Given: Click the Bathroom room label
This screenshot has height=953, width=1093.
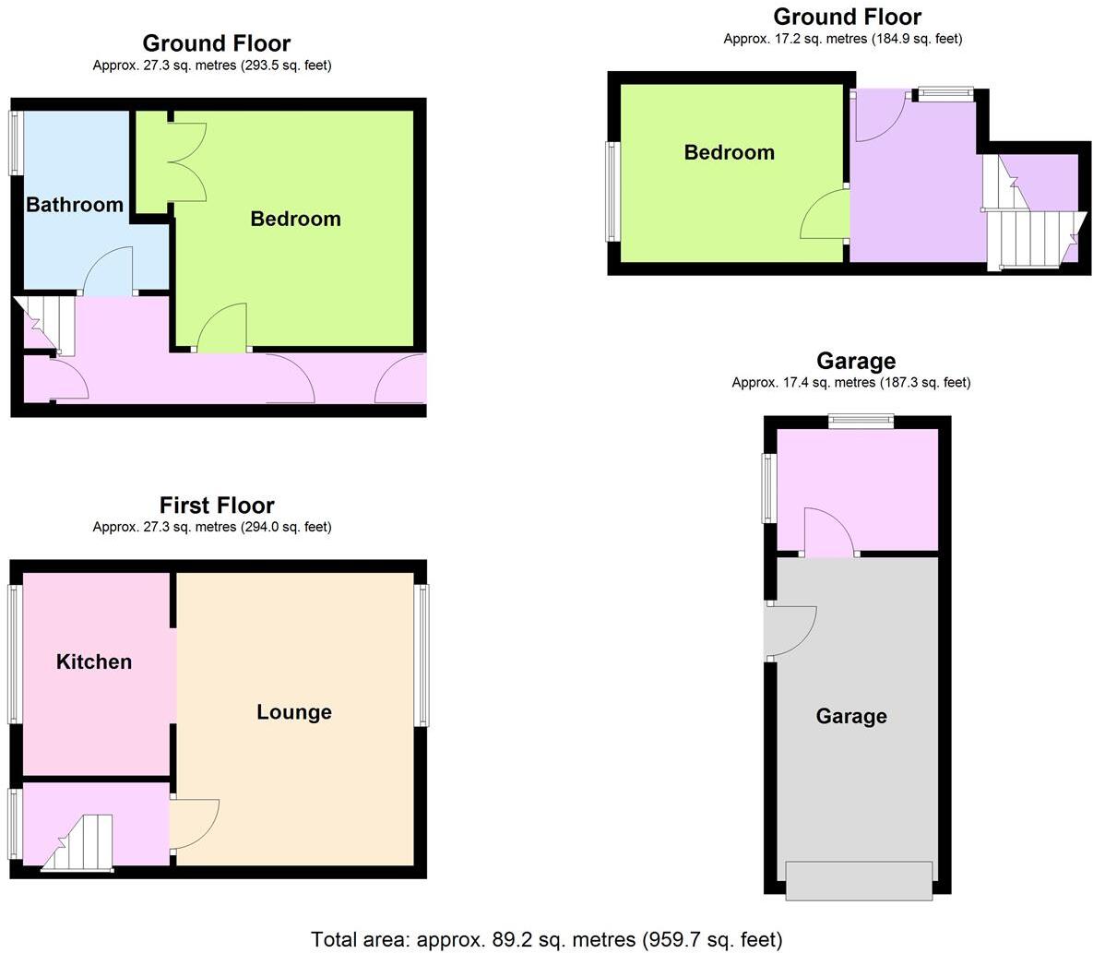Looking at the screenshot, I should click(75, 205).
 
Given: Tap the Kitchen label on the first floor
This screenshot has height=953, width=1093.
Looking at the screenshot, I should click(94, 661).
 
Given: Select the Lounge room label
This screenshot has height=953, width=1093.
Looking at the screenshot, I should click(293, 712).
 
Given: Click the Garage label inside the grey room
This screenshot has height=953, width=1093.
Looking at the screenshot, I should click(851, 716).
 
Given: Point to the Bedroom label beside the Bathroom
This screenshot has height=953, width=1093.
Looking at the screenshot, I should click(295, 219).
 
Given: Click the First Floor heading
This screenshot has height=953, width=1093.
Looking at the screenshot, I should click(217, 506).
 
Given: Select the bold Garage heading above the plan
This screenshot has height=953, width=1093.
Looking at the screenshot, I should click(856, 361).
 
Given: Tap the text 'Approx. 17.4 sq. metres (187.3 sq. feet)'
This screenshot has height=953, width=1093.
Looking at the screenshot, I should click(850, 382).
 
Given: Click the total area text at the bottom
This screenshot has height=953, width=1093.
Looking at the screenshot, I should click(546, 939).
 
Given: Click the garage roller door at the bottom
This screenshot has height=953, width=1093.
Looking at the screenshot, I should click(859, 880).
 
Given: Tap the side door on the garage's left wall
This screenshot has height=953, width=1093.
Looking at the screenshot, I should click(790, 631).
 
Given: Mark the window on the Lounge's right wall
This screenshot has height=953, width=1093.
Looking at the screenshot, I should click(422, 655).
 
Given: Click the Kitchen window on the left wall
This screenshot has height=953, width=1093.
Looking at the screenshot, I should click(14, 654).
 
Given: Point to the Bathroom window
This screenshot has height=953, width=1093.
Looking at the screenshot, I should click(15, 143).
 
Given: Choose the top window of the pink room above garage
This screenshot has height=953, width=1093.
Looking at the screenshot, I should click(861, 422).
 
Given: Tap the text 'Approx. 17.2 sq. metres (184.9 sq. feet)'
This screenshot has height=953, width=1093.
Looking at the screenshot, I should click(842, 39).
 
